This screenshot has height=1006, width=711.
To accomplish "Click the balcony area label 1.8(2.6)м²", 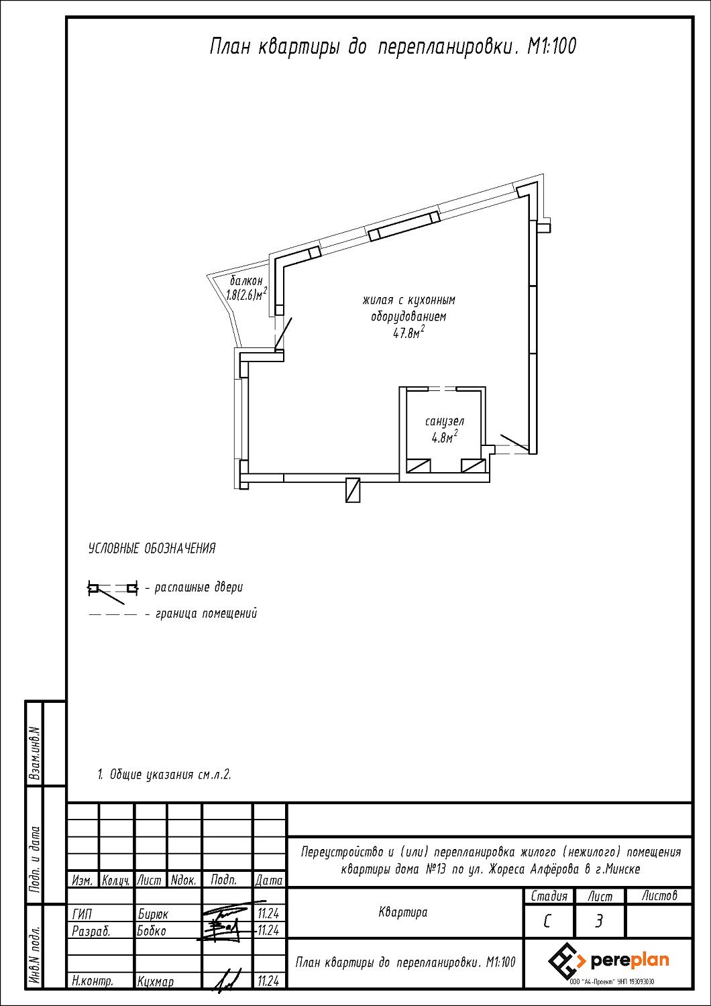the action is tap(247, 294).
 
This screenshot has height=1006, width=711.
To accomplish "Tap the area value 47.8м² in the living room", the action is tap(408, 333).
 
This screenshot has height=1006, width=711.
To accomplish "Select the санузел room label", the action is tap(445, 422).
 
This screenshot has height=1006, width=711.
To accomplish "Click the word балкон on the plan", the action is tap(246, 281).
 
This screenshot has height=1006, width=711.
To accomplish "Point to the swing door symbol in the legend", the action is tap(112, 592).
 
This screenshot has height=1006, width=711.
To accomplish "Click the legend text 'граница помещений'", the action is tap(206, 614).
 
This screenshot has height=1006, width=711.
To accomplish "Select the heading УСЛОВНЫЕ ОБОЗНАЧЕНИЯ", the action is tap(152, 549).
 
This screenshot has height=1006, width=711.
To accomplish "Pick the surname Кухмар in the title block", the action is tap(156, 995).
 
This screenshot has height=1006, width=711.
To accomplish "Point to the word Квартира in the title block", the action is tap(403, 912).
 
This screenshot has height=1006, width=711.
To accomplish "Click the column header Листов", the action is tap(659, 896).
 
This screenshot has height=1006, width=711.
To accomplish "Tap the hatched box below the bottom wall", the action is tap(353, 490).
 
